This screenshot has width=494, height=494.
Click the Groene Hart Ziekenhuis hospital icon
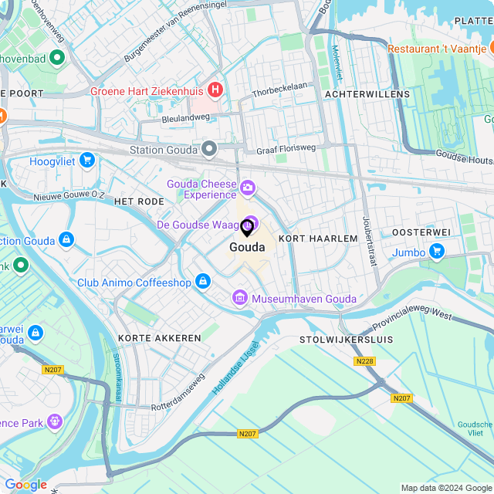coord(215,90)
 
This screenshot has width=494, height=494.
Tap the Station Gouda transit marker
coord(209,148)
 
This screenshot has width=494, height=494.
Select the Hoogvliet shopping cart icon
coord(87,161)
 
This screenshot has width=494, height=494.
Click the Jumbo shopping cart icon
coord(437,251)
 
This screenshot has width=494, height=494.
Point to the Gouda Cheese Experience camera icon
coord(248,187)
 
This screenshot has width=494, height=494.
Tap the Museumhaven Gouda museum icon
coord(239,298)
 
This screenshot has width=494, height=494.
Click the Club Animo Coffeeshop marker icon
coord(202,282)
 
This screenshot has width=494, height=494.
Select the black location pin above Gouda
coord(247,228)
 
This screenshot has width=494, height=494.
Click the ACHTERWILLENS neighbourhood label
coord(367,93)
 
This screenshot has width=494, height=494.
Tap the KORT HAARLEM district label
coord(318,239)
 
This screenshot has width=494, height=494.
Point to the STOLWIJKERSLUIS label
coord(346,339)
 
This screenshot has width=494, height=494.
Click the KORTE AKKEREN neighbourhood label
coord(159,337)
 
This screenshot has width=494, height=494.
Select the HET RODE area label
coord(139,201)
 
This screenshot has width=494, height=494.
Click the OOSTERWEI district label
coord(421,232)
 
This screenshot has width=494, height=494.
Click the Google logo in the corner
coord(26,485)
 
